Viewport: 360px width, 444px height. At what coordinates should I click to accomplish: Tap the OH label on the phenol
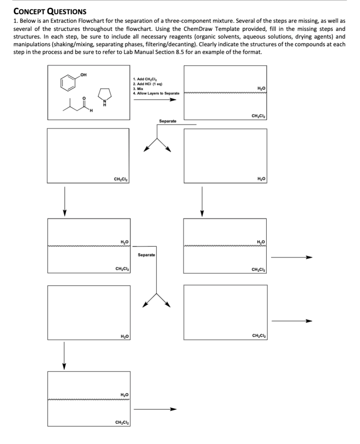tap(84, 74)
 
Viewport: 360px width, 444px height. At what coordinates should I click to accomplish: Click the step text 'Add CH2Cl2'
tap(143, 78)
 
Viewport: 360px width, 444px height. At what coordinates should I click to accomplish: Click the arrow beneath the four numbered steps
tap(156, 101)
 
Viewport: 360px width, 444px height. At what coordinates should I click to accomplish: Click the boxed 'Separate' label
tap(146, 255)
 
